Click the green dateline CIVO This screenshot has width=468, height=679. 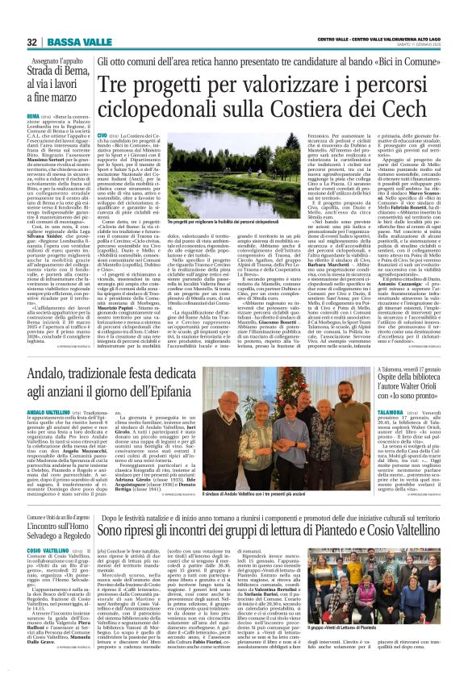tap(102, 136)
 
